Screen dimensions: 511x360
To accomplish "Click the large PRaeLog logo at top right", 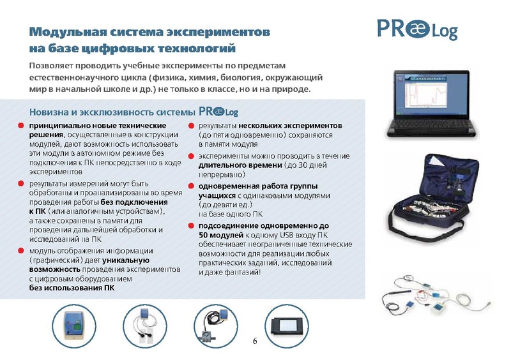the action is point(418,29).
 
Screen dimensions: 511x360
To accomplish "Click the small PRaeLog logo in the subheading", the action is point(218,112).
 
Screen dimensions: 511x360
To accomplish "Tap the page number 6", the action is point(255,341).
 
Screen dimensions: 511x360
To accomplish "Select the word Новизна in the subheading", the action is point(49,112).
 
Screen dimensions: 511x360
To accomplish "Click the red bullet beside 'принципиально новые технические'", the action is point(21,126).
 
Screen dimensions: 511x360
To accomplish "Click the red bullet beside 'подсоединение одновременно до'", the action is point(191,225).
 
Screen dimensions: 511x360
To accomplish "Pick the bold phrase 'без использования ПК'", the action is point(72,288).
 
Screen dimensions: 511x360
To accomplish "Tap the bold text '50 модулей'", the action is point(221,235).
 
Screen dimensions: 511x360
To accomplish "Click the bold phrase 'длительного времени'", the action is point(240,165).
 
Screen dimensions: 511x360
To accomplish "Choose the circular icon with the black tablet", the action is point(286,326).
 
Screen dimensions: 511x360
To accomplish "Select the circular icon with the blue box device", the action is point(74,326).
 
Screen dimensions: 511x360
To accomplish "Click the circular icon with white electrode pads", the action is point(145,326).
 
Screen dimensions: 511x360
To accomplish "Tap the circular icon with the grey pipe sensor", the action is point(216,326).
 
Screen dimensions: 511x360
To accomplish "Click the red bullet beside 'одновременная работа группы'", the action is point(191,186).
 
